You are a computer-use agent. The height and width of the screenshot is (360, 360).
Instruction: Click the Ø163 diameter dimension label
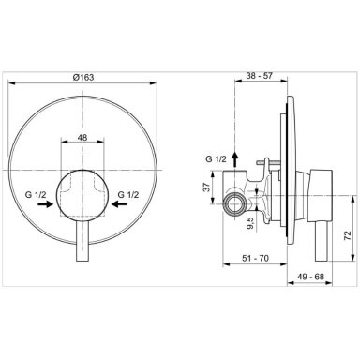click(x=82, y=77)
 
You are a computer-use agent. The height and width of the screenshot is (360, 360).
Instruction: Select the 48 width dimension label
click(x=82, y=137)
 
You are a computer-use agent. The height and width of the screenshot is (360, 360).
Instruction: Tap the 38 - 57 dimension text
click(x=260, y=75)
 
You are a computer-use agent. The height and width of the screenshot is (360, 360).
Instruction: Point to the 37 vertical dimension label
click(x=206, y=187)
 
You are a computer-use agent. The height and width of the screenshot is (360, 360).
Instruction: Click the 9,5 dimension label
click(x=251, y=223)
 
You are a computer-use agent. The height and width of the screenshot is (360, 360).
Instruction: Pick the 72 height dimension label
click(x=347, y=235)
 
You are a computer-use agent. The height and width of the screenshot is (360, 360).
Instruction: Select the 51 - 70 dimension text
click(x=255, y=258)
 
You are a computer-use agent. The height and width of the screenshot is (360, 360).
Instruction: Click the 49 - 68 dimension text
click(x=310, y=277)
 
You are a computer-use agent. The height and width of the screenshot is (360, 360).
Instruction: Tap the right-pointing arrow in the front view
click(x=45, y=204)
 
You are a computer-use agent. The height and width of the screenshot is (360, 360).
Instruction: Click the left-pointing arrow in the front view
click(x=119, y=204)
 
